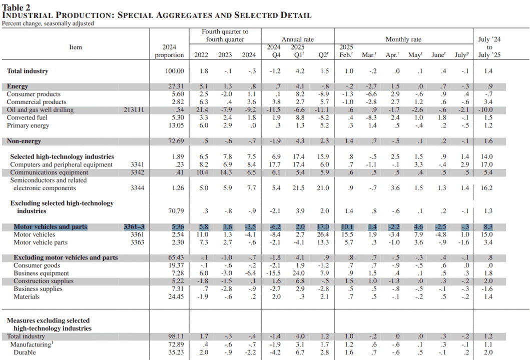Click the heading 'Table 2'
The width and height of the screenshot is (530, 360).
click(16, 7)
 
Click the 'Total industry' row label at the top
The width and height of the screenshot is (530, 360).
click(28, 71)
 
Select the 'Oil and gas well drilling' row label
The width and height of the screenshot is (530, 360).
click(40, 110)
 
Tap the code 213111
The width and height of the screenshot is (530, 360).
click(134, 110)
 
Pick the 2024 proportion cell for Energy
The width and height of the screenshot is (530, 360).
click(176, 86)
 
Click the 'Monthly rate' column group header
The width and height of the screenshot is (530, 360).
click(403, 39)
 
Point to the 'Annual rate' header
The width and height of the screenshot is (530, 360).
click(297, 39)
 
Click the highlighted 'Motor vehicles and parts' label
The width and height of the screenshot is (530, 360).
click(51, 226)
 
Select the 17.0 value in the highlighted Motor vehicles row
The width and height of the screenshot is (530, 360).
click(323, 226)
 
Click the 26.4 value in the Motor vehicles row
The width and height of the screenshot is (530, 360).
click(323, 234)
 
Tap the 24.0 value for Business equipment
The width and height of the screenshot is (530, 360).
click(298, 273)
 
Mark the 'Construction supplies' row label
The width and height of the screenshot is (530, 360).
click(44, 281)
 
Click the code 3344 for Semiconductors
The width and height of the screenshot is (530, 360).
click(137, 188)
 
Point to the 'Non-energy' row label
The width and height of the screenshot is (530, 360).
click(24, 141)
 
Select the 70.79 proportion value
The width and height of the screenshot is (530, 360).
click(176, 211)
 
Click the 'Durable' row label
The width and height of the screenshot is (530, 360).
click(25, 352)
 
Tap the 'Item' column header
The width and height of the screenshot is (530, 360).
click(76, 47)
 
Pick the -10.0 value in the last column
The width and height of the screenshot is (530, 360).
click(485, 110)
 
